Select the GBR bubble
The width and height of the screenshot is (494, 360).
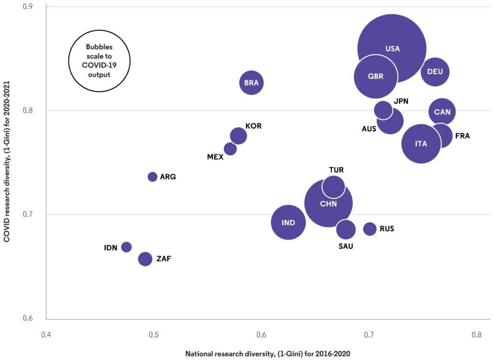[x=376, y=77]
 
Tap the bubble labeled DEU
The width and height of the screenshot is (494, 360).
[x=435, y=72]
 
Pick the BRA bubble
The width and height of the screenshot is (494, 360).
[x=251, y=83]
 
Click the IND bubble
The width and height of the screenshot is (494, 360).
[x=288, y=222]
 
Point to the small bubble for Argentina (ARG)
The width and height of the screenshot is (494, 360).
[x=152, y=177]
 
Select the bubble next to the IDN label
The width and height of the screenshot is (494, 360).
[x=126, y=247]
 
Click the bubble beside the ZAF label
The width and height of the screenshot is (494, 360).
[x=145, y=259]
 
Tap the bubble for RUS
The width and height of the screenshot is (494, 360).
[x=370, y=229]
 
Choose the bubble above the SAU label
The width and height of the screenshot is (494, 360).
[x=346, y=230]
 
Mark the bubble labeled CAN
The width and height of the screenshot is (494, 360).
[x=442, y=112]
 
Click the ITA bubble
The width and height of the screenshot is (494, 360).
[x=421, y=144]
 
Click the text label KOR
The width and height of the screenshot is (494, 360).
[x=253, y=126]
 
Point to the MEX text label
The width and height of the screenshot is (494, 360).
[x=215, y=157]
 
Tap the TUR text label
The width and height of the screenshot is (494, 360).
[x=336, y=170]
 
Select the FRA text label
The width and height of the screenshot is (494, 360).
[x=462, y=136]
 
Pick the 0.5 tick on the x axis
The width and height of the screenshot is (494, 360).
[x=154, y=334]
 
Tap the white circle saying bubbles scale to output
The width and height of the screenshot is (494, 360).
[x=98, y=61]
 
